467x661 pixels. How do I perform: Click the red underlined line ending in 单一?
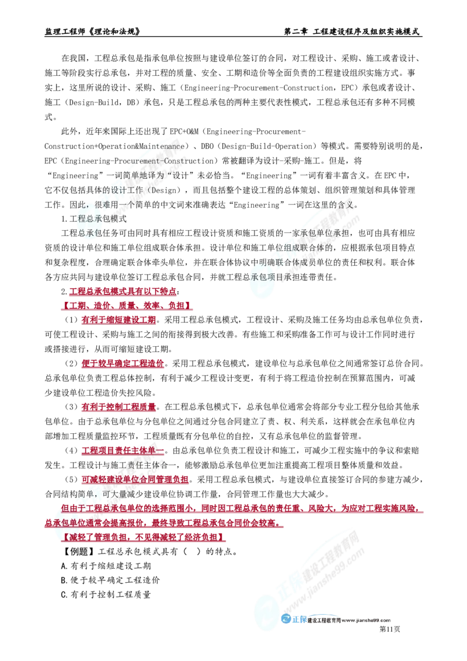(123, 450)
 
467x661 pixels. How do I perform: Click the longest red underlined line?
(242, 509)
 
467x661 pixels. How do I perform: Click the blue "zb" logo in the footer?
(294, 620)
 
